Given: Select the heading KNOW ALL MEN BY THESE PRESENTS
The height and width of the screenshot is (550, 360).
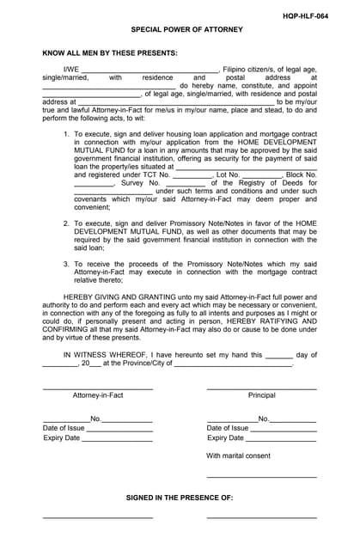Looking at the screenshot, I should pyautogui.click(x=110, y=52).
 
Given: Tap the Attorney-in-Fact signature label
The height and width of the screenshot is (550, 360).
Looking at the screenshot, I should pyautogui.click(x=98, y=395).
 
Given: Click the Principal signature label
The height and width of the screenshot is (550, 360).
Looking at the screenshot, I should pyautogui.click(x=261, y=395).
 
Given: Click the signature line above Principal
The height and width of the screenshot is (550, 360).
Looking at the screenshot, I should pyautogui.click(x=261, y=388).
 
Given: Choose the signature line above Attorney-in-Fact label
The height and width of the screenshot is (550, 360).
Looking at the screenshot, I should pyautogui.click(x=98, y=388).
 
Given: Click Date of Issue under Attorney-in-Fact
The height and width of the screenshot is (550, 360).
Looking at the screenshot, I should pyautogui.click(x=64, y=428).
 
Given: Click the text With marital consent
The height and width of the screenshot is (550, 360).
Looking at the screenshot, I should pyautogui.click(x=238, y=455).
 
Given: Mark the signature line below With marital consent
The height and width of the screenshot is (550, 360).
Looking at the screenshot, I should pyautogui.click(x=261, y=476).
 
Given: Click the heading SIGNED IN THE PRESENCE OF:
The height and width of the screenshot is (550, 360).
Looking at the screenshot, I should pyautogui.click(x=180, y=498).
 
